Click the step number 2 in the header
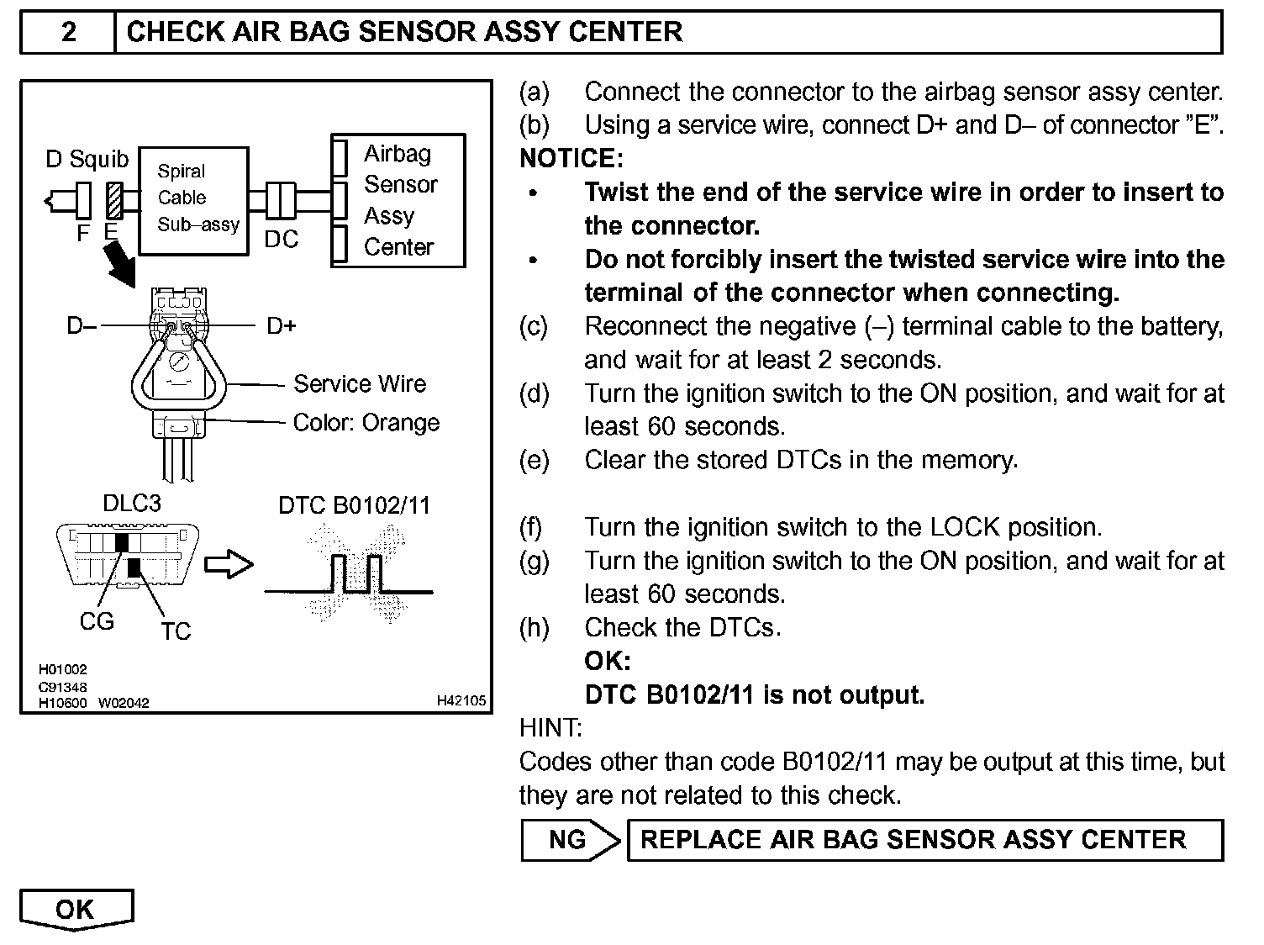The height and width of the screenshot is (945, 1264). tap(68, 32)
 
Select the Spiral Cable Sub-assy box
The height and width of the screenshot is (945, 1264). tap(193, 200)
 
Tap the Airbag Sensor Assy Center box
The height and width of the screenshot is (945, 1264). tap(398, 200)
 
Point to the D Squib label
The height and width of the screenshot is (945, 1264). tap(87, 159)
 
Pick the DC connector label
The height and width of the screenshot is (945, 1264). tap(281, 240)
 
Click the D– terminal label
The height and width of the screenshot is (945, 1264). tap(82, 325)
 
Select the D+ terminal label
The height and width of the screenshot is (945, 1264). tap(282, 325)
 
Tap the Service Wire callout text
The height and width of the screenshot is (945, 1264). tap(359, 384)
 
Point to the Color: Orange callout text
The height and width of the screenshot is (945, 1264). tap(366, 422)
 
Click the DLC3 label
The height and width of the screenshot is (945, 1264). tap(131, 504)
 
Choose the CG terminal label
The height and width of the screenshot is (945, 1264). tap(97, 621)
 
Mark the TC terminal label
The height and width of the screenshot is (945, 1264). tap(176, 631)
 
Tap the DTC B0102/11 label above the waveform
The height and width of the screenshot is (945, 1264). tap(354, 505)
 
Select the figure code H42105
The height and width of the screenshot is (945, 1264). tap(461, 700)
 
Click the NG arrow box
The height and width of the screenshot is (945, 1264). tap(570, 840)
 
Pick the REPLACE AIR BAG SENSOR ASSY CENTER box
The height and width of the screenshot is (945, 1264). tap(924, 840)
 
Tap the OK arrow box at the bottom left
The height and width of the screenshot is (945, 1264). tap(76, 910)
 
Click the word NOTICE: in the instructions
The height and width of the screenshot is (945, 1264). tap(571, 158)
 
